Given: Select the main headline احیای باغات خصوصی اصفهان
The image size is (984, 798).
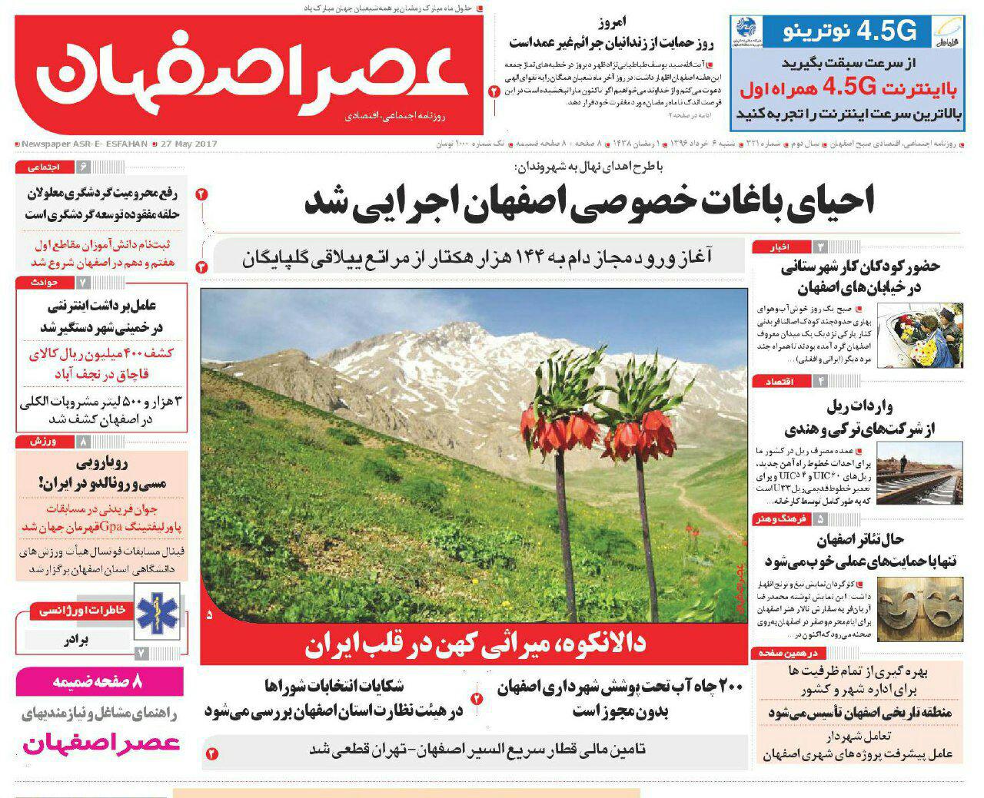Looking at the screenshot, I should (x=590, y=202).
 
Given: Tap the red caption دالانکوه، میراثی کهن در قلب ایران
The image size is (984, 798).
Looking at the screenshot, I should (x=474, y=645).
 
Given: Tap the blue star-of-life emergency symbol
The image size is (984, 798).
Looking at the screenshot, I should (x=157, y=610).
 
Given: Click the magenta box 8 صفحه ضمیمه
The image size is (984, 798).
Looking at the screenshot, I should (x=99, y=681).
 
